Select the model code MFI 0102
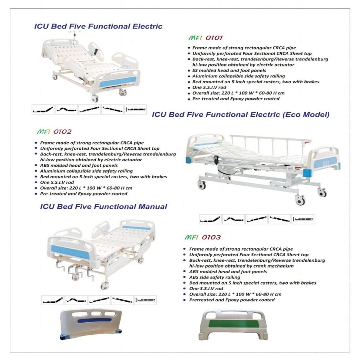52,132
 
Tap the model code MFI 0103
202,238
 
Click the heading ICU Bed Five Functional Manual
104,207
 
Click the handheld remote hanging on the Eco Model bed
217,160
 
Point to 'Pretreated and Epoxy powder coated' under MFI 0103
232,300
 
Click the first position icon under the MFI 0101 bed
43,109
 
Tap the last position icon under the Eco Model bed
303,219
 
